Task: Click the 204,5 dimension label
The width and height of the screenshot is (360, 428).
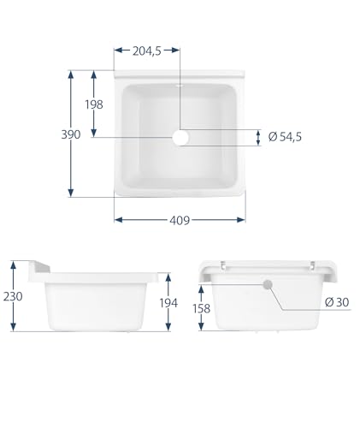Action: coord(147,51)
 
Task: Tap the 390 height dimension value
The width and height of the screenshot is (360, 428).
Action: coord(71,134)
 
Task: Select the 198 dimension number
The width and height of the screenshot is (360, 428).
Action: coord(94,104)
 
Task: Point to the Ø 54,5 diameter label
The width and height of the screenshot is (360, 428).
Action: coord(285,137)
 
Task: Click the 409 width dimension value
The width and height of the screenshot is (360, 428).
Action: coord(180,220)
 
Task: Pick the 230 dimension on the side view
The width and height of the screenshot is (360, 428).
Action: coord(13,296)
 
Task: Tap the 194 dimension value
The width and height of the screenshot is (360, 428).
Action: coord(168,303)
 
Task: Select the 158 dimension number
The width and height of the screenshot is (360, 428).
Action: coord(201,308)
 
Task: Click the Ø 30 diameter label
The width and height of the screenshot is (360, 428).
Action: coord(337,302)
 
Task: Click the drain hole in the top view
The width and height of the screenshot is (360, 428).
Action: coord(180,138)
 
